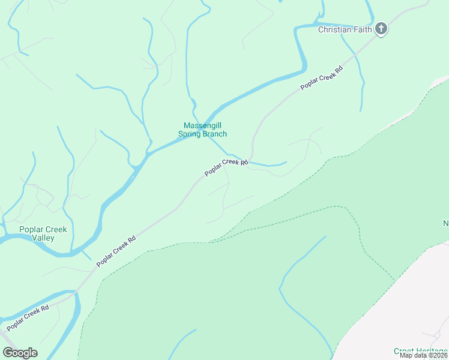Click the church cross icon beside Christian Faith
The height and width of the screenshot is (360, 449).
coord(381,29)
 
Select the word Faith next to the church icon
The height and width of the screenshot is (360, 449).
coord(361,29)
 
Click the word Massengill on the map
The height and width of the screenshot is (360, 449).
coord(203,125)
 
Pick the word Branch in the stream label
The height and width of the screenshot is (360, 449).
coord(215,134)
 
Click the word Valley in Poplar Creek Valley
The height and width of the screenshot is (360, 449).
coord(43,238)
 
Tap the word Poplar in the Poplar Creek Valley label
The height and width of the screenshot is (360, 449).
coord(31,229)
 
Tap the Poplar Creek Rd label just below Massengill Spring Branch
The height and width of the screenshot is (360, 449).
coord(226,167)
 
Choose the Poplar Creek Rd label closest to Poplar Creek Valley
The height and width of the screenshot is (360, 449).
coord(116,251)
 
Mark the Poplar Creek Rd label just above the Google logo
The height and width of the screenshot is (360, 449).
coord(28,319)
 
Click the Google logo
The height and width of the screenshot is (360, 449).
coord(20,353)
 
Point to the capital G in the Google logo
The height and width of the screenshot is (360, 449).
coord(8,353)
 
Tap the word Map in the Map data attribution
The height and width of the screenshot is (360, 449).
coord(406,355)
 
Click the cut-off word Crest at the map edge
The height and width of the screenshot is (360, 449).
coord(404,351)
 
